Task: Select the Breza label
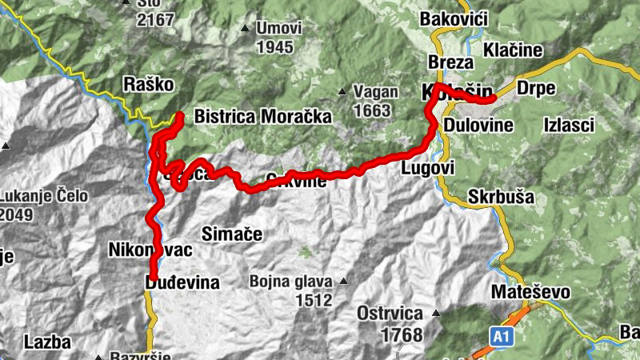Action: [x=446, y=62]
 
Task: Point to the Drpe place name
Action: [x=536, y=88]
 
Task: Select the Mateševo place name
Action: [x=531, y=292]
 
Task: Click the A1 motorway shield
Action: [x=501, y=338]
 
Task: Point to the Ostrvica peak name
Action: [x=390, y=313]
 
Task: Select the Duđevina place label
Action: [x=182, y=282]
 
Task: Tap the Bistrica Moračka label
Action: [x=262, y=117]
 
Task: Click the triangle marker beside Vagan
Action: [x=343, y=91]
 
